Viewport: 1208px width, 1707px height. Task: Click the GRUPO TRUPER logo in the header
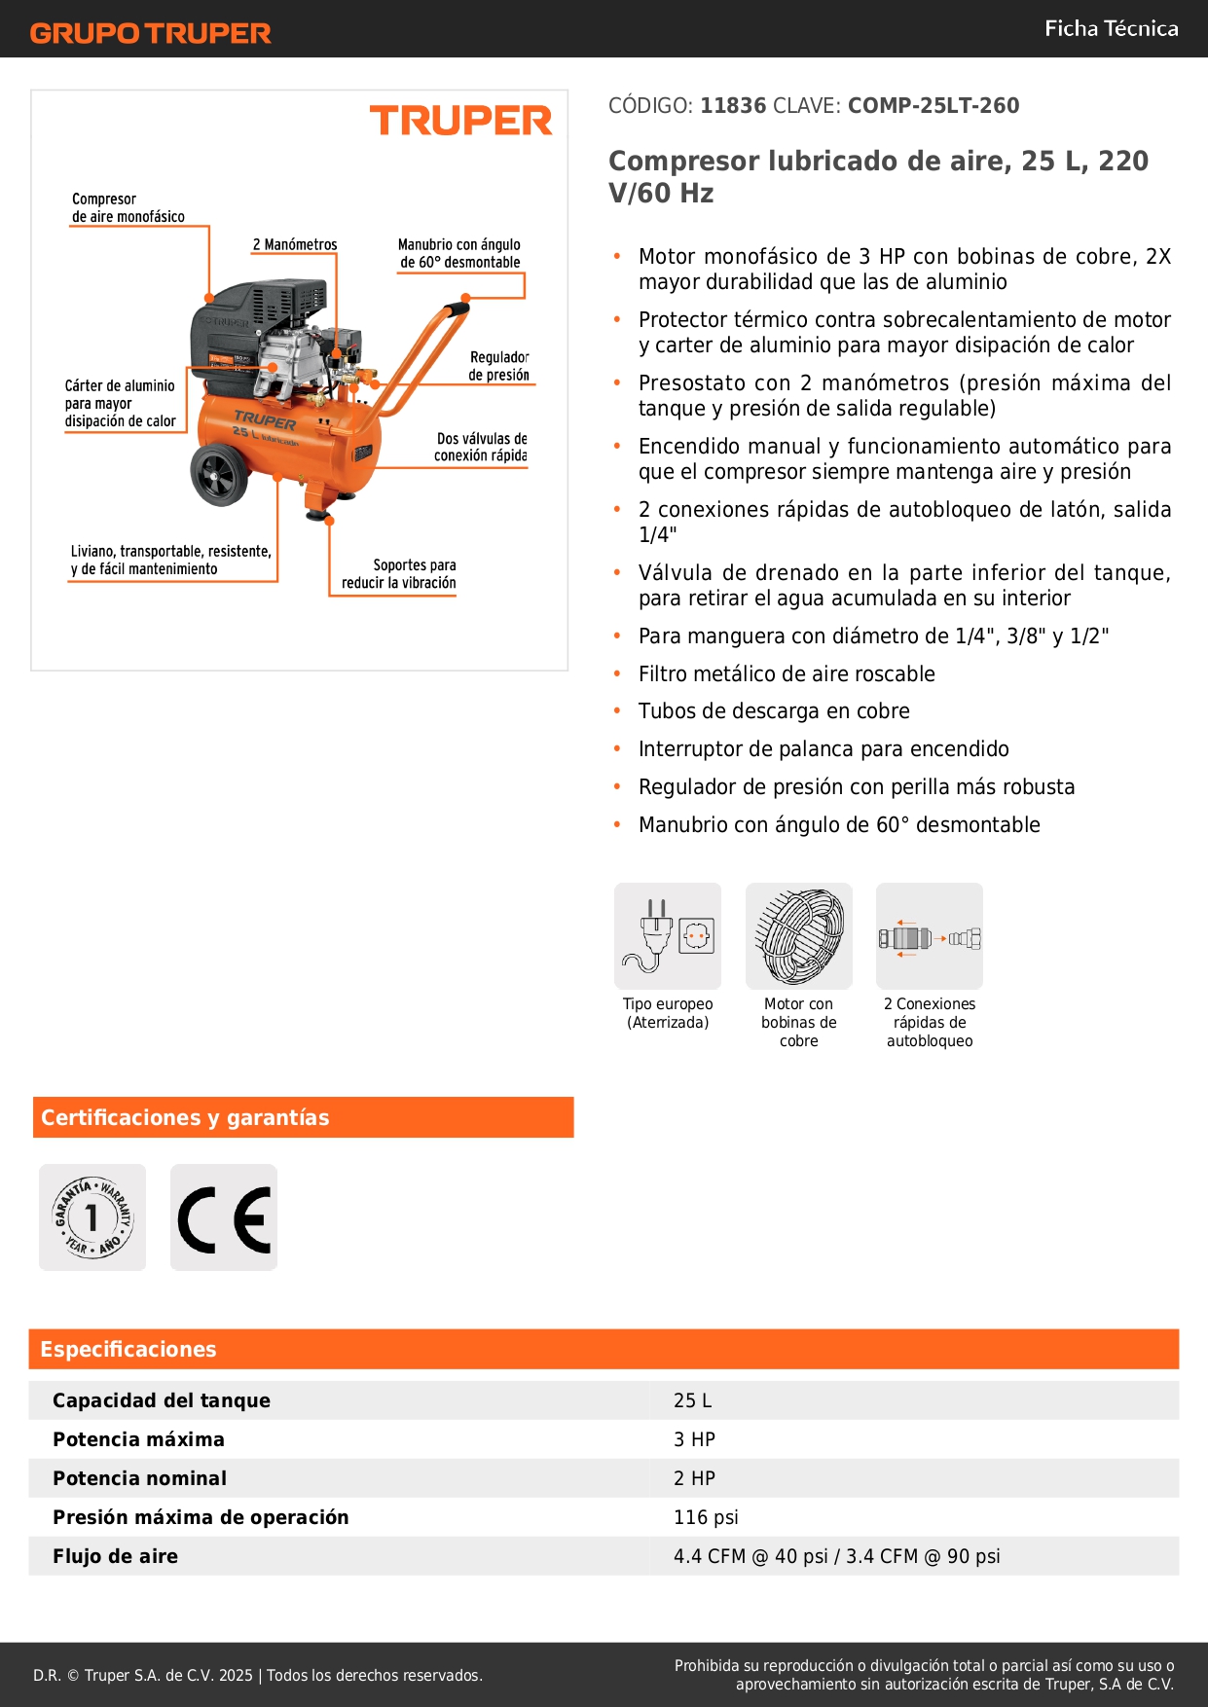[150, 33]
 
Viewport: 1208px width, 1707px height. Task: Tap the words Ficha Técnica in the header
[1111, 28]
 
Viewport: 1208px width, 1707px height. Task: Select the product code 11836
[733, 105]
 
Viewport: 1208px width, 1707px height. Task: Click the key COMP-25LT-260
[933, 105]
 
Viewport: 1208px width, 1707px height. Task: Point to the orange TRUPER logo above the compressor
[460, 121]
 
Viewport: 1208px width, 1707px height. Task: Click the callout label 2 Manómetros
[295, 244]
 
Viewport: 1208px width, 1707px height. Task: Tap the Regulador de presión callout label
[498, 366]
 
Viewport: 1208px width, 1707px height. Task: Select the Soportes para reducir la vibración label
[399, 573]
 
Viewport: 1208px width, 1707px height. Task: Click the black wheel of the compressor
[220, 475]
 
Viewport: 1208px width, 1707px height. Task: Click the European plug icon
[668, 935]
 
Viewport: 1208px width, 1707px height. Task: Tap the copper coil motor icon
[799, 935]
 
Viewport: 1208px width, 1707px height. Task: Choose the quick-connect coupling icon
[930, 937]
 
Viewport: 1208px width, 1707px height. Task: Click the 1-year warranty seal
[92, 1217]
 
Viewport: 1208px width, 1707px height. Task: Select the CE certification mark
[224, 1218]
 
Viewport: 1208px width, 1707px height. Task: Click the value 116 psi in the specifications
[706, 1517]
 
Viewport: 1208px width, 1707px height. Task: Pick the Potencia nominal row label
[139, 1478]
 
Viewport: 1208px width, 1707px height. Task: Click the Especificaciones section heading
[128, 1349]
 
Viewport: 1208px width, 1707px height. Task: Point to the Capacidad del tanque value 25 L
[692, 1400]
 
